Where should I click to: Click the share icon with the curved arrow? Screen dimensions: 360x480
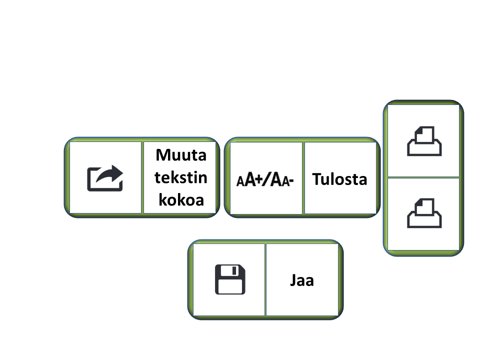[x=105, y=178]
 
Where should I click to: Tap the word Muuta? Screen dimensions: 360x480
[x=181, y=154]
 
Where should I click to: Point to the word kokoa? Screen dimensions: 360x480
[x=181, y=199]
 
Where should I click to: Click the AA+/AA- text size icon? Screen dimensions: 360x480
[x=264, y=179]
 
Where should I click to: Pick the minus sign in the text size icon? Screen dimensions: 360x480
[x=290, y=180]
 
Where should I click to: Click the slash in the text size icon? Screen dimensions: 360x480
[x=267, y=179]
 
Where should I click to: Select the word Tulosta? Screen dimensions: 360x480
[x=339, y=179]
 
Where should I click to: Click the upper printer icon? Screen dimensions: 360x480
[x=424, y=141]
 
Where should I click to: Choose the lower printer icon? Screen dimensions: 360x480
[x=424, y=213]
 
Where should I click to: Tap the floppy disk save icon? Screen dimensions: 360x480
[x=230, y=279]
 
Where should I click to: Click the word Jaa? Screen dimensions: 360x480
[x=302, y=280]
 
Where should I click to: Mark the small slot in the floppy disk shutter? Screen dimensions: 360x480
[x=235, y=270]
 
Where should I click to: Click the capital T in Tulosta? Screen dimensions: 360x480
[x=317, y=179]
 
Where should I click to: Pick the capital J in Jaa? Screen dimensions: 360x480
[x=293, y=280]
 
